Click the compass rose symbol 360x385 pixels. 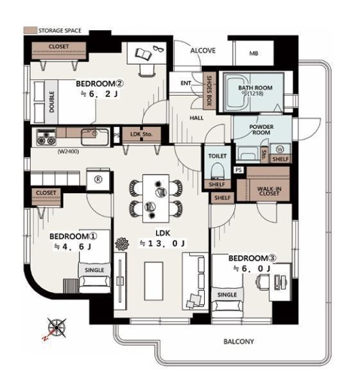point(56,327)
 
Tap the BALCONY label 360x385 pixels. point(239,341)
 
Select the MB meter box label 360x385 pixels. point(253,53)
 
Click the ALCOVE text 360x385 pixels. point(203,51)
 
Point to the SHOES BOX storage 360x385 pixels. point(209,90)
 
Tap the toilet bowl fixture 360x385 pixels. point(218,170)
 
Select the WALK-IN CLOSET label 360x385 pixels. point(269,191)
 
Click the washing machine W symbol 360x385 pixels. point(280,149)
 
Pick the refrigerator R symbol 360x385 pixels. point(98,180)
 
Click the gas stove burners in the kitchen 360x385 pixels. point(46,137)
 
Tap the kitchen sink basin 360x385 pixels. point(95,137)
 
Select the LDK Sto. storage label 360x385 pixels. point(141,134)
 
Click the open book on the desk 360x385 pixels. point(144,54)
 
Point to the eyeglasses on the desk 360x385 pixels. point(159,49)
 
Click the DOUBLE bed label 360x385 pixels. point(51,102)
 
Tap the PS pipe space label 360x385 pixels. point(239,170)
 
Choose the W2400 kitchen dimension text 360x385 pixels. point(68,151)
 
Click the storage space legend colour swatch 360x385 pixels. point(30,30)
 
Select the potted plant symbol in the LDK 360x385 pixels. point(122,244)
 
